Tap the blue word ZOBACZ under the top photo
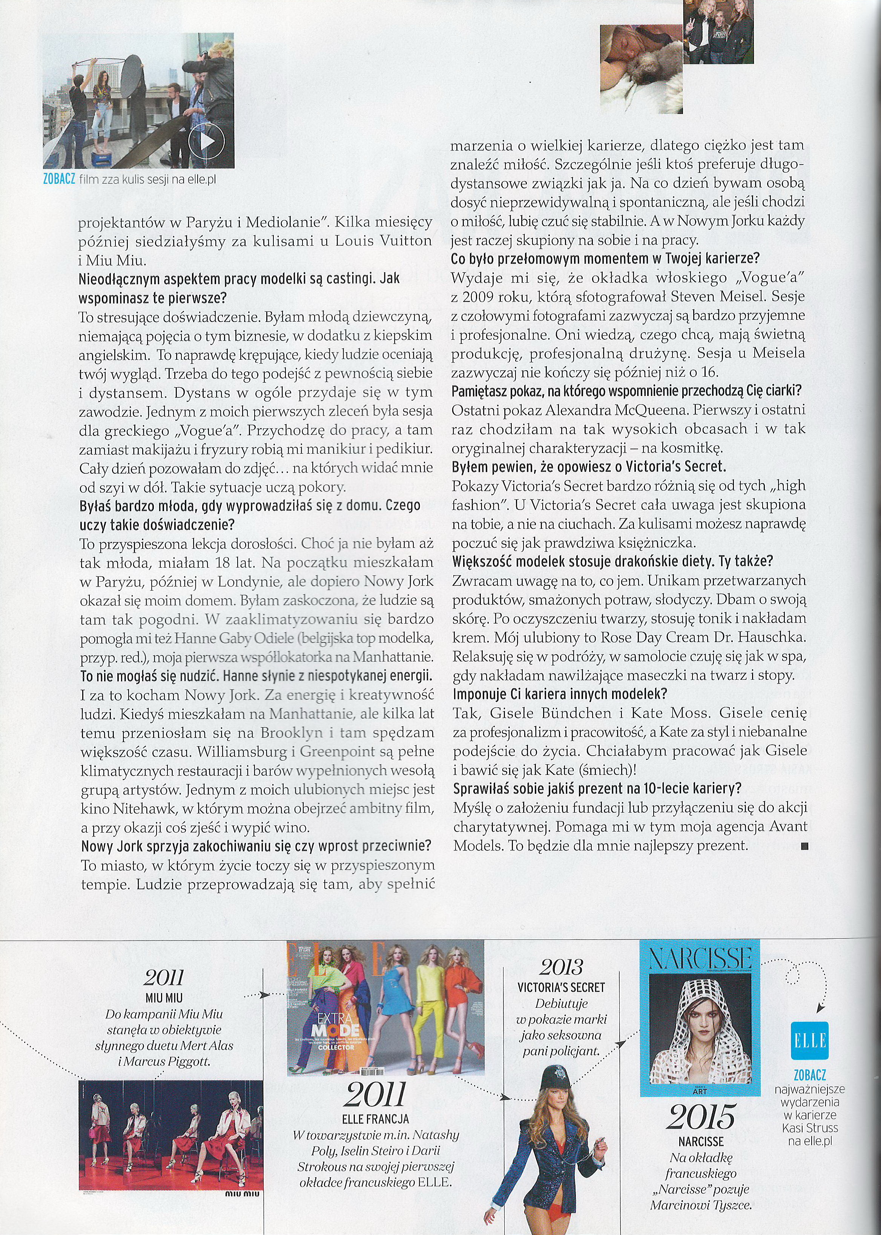[58, 179]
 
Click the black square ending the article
[804, 846]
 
